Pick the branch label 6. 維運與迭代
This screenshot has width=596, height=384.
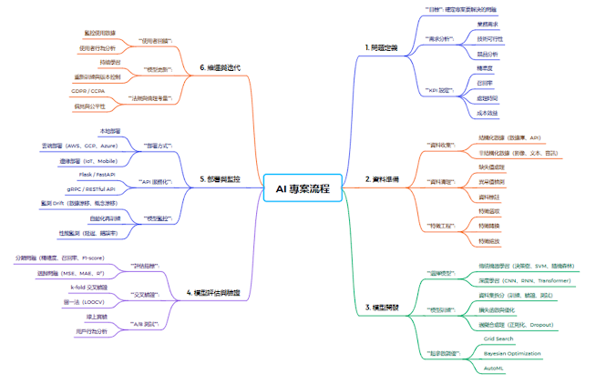tap(219, 67)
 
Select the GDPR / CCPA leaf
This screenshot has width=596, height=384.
tap(87, 92)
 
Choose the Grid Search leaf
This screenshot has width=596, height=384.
tap(498, 338)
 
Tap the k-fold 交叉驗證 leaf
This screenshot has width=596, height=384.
tap(89, 287)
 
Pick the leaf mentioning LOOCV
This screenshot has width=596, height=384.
tap(88, 300)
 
